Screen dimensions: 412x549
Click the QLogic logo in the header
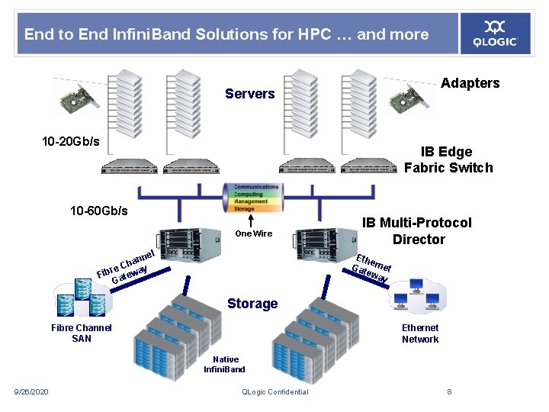coord(496,33)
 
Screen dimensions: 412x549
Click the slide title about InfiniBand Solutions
coord(226,34)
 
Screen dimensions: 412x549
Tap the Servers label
coord(249,94)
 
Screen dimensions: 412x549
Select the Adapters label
coord(470,83)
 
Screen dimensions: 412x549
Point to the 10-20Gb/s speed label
coord(70,143)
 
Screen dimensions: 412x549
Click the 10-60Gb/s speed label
coord(98,211)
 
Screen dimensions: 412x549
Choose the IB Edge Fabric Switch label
coord(448,159)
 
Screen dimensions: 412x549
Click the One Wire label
coord(253,233)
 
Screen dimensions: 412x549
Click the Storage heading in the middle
coord(252,304)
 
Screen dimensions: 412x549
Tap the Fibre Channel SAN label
coord(81,333)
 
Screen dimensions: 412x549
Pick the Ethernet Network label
coord(420,333)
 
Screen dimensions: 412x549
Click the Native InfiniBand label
coord(225,364)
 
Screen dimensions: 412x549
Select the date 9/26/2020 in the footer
coord(31,392)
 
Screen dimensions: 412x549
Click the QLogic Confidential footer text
coord(274,392)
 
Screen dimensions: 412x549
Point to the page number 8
coord(449,392)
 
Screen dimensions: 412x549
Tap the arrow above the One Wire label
coord(251,220)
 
